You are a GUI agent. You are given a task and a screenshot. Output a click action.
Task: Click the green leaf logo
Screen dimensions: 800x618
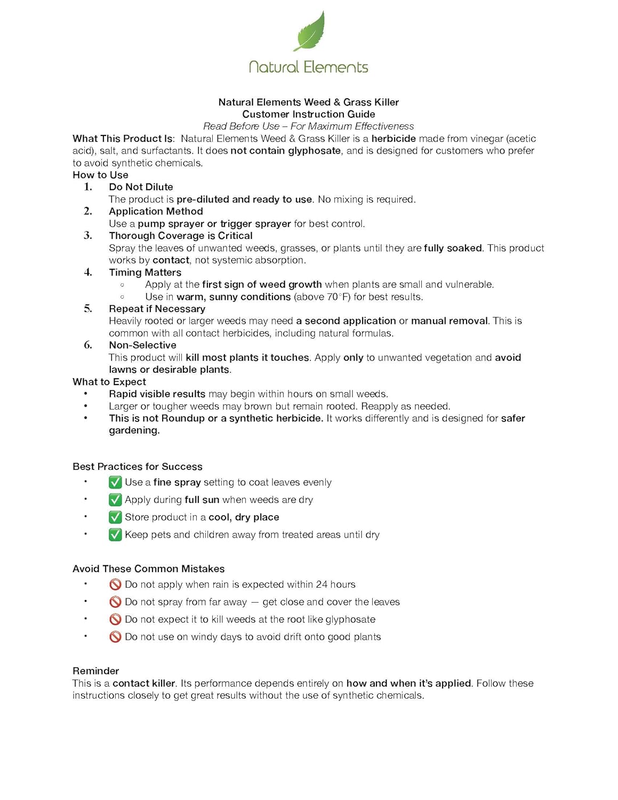pyautogui.click(x=309, y=32)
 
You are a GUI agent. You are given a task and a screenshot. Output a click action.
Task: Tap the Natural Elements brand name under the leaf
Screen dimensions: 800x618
pyautogui.click(x=309, y=67)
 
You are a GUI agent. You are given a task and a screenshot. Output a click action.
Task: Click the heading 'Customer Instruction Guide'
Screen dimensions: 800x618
pyautogui.click(x=309, y=114)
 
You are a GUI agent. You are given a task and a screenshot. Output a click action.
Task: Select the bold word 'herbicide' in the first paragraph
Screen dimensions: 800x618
pyautogui.click(x=394, y=139)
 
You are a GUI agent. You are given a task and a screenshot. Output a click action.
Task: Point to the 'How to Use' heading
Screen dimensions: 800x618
pyautogui.click(x=100, y=175)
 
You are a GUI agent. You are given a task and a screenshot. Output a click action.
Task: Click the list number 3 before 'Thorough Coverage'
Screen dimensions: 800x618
pyautogui.click(x=88, y=236)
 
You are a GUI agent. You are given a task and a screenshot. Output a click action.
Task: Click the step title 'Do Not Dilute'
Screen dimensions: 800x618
pyautogui.click(x=141, y=187)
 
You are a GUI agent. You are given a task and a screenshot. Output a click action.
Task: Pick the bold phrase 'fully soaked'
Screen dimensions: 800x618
pyautogui.click(x=453, y=248)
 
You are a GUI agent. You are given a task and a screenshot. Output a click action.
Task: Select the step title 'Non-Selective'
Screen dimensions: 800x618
pyautogui.click(x=142, y=345)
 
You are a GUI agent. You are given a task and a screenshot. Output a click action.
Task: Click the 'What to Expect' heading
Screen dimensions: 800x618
pyautogui.click(x=109, y=382)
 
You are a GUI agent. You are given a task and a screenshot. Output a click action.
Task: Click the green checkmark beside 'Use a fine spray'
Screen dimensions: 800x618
pyautogui.click(x=115, y=483)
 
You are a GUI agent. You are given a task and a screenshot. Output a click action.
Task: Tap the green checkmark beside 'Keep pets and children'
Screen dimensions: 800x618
pyautogui.click(x=115, y=535)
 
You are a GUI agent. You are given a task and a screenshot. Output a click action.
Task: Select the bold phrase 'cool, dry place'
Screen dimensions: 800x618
pyautogui.click(x=244, y=517)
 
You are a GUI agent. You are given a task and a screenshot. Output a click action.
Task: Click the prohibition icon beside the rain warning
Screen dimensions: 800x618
pyautogui.click(x=115, y=585)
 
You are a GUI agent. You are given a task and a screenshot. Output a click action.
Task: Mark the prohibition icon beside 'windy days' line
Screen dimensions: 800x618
pyautogui.click(x=115, y=637)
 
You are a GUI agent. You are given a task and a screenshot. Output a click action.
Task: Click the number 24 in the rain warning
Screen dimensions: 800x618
pyautogui.click(x=322, y=585)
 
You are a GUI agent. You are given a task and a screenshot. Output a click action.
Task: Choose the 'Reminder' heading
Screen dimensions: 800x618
pyautogui.click(x=96, y=671)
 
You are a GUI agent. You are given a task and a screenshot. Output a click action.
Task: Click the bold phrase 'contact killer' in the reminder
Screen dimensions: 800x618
pyautogui.click(x=144, y=683)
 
